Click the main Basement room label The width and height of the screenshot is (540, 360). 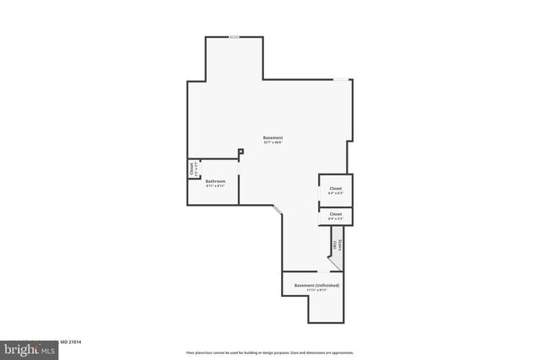click(273, 137)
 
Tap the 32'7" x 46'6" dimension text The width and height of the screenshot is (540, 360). click(273, 142)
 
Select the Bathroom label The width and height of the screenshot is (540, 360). click(215, 180)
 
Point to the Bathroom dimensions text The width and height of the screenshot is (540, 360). click(215, 185)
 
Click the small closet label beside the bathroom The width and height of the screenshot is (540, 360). click(192, 169)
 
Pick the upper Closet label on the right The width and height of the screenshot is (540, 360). click(335, 188)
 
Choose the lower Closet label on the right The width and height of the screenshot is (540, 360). click(335, 214)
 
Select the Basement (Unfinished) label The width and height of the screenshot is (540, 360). click(316, 286)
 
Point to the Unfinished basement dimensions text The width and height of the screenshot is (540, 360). click(316, 291)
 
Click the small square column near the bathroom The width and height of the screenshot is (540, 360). click(240, 152)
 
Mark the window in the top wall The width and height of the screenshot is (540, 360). click(234, 36)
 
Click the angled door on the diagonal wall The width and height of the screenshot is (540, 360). click(275, 207)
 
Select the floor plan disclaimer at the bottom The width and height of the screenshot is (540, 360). click(270, 352)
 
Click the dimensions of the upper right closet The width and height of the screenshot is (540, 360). click(335, 193)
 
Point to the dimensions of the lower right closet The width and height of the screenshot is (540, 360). click(335, 219)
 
